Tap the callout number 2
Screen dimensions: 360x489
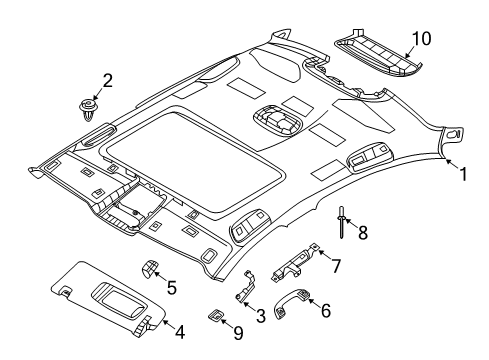(107, 81)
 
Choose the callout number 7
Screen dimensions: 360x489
(337, 265)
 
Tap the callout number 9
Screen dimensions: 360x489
(236, 333)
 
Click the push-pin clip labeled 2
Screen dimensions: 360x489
(93, 107)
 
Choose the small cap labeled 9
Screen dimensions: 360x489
(216, 314)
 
